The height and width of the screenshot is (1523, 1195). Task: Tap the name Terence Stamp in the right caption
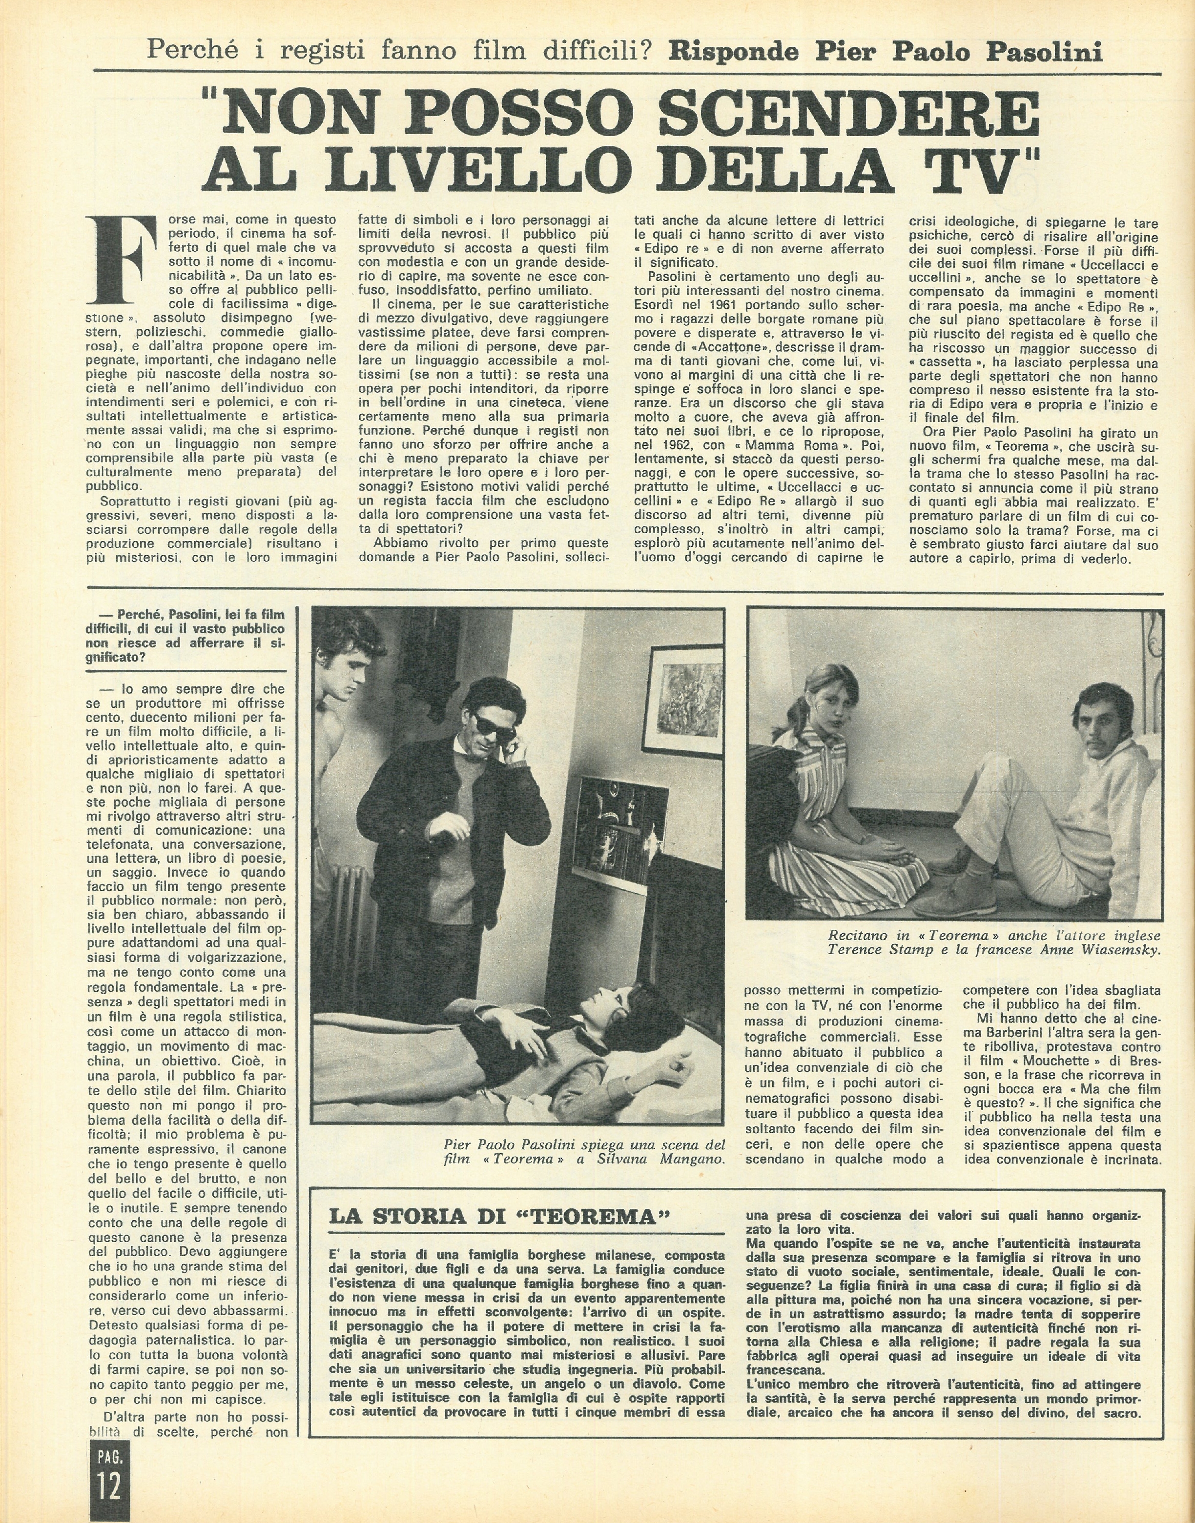(867, 950)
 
